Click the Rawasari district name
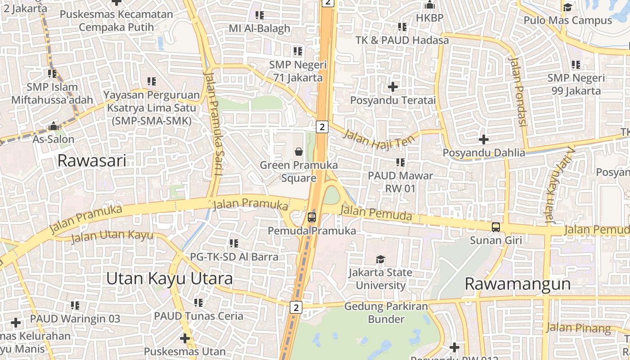(x=92, y=161)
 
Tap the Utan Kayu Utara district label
(x=169, y=279)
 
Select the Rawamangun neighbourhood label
(x=517, y=284)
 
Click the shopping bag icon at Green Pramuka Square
(x=298, y=152)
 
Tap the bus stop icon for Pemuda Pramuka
(x=311, y=218)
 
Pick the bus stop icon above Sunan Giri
(x=495, y=227)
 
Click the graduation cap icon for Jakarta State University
(x=380, y=259)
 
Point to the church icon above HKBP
(x=430, y=5)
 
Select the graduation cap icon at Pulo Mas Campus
(x=567, y=7)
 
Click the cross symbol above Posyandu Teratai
(x=393, y=86)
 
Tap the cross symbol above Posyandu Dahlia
(x=483, y=139)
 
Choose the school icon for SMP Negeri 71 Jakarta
(x=297, y=51)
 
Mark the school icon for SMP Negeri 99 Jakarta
(x=576, y=65)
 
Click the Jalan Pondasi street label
(x=517, y=91)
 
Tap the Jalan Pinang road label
(x=579, y=328)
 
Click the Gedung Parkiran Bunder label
(x=386, y=313)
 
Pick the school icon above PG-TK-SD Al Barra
(x=234, y=243)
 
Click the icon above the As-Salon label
(x=54, y=126)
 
